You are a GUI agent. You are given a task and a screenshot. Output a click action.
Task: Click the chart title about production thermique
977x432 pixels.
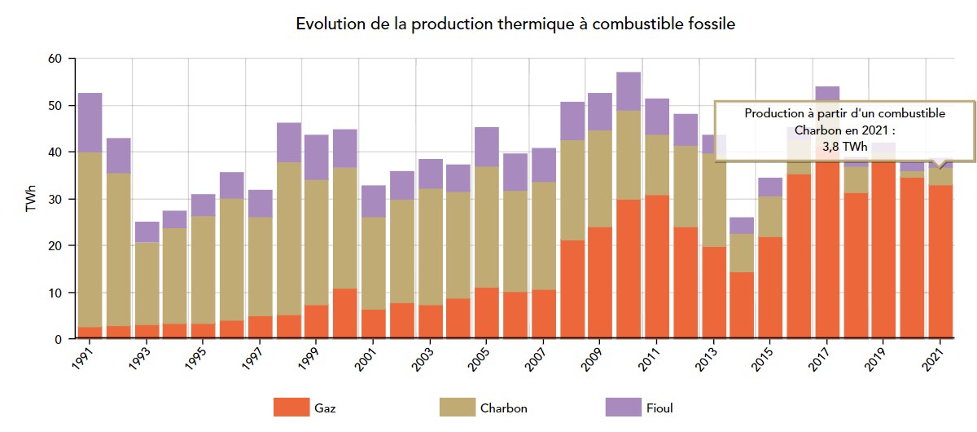click(x=515, y=24)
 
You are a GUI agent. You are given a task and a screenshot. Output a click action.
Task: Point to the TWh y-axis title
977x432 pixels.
click(x=31, y=199)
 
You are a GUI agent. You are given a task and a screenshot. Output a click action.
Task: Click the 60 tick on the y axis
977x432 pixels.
click(x=55, y=59)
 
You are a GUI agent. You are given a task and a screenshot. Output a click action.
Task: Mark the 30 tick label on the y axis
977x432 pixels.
click(x=55, y=199)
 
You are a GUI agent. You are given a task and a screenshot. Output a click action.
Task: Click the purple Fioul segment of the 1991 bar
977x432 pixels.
click(x=90, y=122)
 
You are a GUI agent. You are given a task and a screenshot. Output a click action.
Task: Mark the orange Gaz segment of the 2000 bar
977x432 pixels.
click(x=345, y=314)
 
